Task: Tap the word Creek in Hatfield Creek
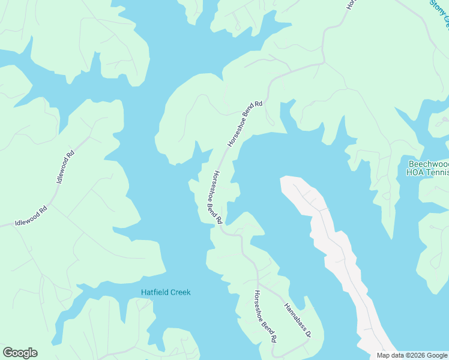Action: pos(179,292)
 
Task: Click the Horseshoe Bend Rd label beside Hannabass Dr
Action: pos(265,316)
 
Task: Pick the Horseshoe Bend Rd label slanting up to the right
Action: pos(246,124)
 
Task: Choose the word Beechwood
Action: pos(428,164)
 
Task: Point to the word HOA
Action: pos(415,173)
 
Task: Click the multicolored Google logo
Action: pos(20,353)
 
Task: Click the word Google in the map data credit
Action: pos(436,355)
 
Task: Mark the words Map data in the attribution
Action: pos(390,355)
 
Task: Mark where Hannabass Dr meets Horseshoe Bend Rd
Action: pos(258,281)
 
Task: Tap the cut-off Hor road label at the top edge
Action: pos(351,4)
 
